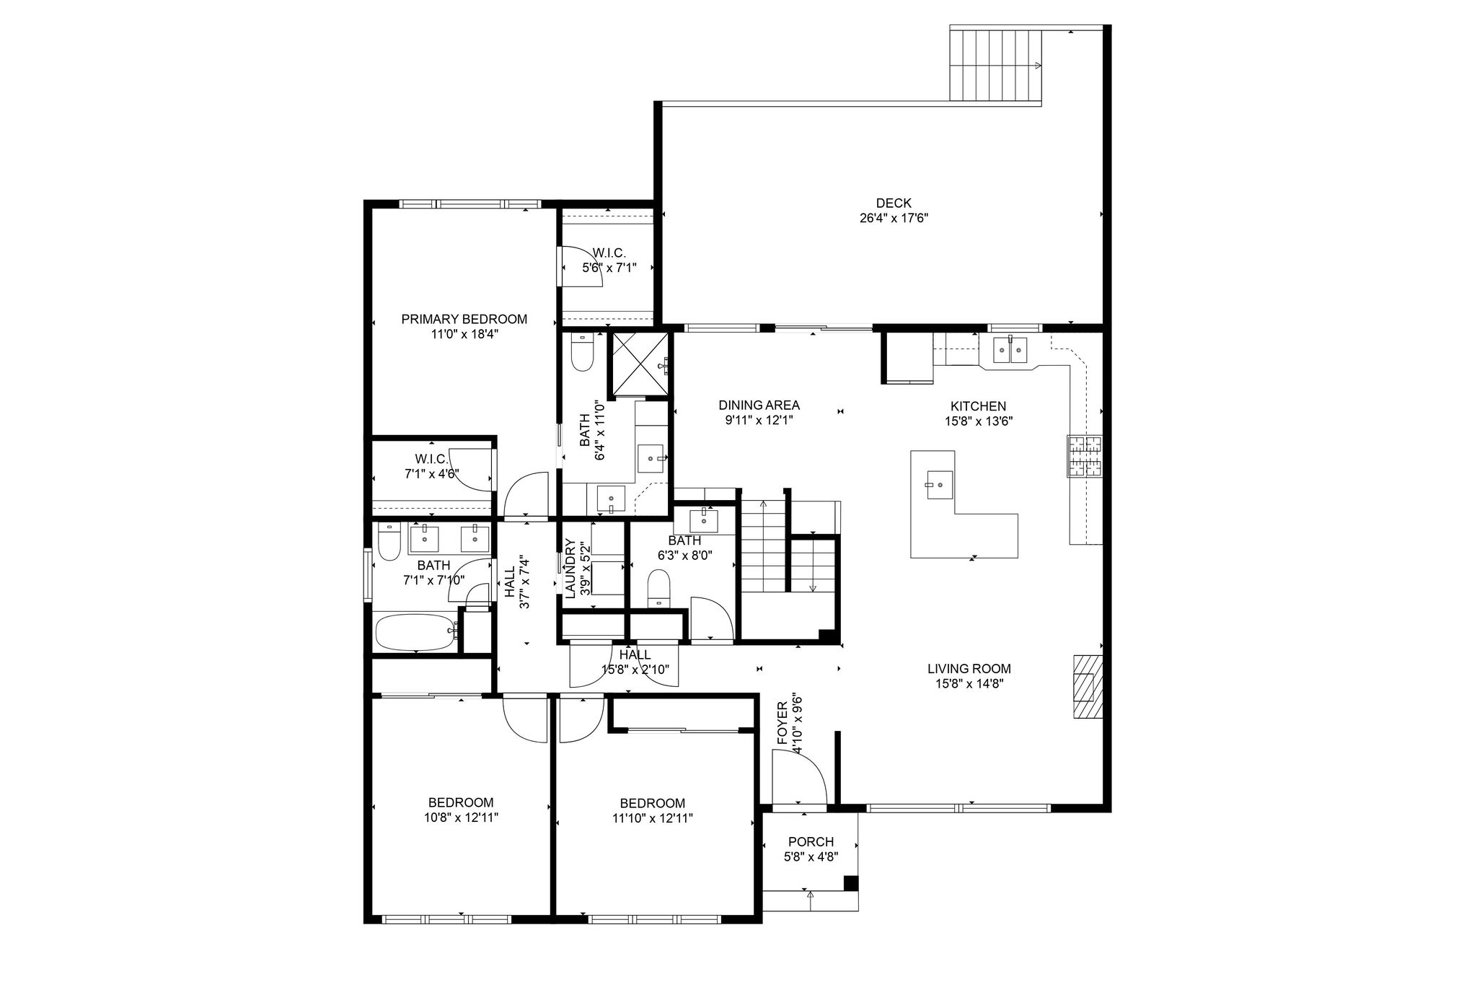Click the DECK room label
pos(894,203)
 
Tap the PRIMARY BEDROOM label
pos(464,319)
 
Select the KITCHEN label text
pos(978,406)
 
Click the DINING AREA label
pos(759,406)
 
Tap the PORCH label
pos(811,841)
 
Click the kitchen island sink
pos(939,484)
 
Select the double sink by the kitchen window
pos(1010,350)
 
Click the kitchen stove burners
pos(1085,457)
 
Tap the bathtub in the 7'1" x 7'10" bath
pos(418,632)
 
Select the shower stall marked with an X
pos(639,365)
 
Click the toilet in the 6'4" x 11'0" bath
pos(581,352)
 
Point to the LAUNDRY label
pos(569,569)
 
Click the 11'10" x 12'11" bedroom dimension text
pos(652,818)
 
